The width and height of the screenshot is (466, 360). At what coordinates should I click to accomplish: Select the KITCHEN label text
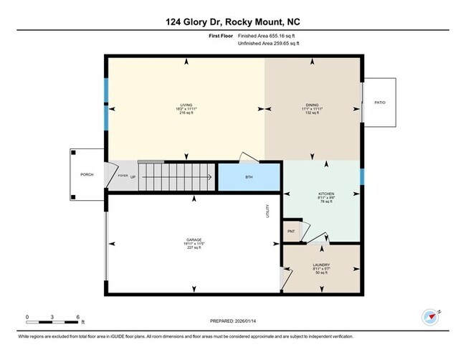click(326, 194)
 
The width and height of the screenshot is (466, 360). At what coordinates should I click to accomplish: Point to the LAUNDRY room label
click(321, 265)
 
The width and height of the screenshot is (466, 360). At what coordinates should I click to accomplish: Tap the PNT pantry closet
click(291, 231)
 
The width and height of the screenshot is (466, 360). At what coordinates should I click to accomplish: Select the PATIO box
click(380, 103)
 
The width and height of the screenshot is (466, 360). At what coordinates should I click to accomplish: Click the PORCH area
click(87, 174)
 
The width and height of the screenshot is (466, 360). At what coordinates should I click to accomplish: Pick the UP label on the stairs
click(133, 175)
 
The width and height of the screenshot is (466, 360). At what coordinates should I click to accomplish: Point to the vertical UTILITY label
click(267, 212)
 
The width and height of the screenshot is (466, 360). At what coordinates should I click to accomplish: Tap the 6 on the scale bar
click(78, 316)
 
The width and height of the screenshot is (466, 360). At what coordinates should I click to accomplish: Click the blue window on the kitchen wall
click(362, 176)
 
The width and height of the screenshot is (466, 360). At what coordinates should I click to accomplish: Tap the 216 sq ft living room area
click(186, 114)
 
